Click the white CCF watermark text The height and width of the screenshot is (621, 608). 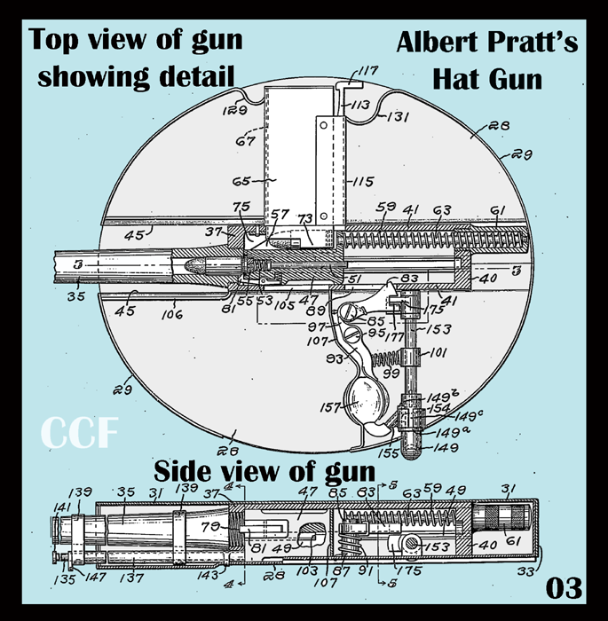click(77, 434)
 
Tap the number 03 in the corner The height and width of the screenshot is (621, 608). click(563, 587)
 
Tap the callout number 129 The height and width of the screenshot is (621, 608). click(233, 111)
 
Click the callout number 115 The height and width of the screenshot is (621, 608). click(363, 181)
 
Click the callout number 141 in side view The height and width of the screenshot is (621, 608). click(65, 506)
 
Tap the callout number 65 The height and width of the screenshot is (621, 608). click(241, 181)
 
